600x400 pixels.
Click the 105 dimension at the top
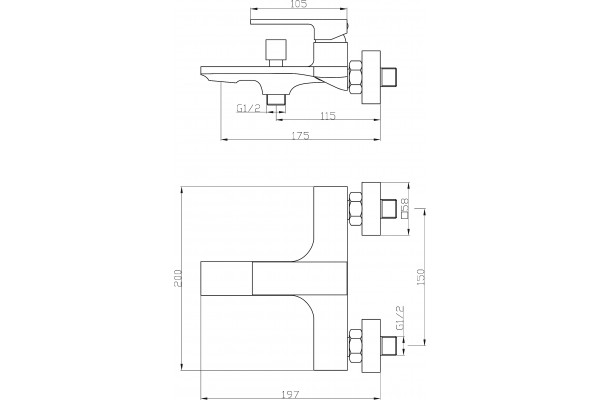[x=299, y=4]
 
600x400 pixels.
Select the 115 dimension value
[x=327, y=115]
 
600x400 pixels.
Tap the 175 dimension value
[x=300, y=136]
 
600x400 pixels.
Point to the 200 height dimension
[x=178, y=278]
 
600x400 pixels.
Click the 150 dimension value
[x=421, y=277]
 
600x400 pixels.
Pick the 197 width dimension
[x=291, y=394]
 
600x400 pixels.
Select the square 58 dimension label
[x=405, y=208]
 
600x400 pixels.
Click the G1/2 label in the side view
[x=248, y=108]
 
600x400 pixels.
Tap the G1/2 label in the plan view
[x=400, y=318]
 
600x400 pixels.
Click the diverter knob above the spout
[x=276, y=52]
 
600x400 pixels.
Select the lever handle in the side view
[x=299, y=27]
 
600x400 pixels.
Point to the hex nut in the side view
[x=355, y=77]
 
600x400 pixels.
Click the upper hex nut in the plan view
[x=355, y=210]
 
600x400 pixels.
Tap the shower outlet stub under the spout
[x=276, y=100]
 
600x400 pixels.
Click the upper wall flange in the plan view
[x=371, y=209]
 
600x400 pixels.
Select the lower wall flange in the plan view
[x=371, y=344]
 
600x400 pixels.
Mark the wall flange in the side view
[x=371, y=77]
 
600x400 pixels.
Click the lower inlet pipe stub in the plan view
[x=390, y=344]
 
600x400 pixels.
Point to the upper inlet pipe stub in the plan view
[x=390, y=210]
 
